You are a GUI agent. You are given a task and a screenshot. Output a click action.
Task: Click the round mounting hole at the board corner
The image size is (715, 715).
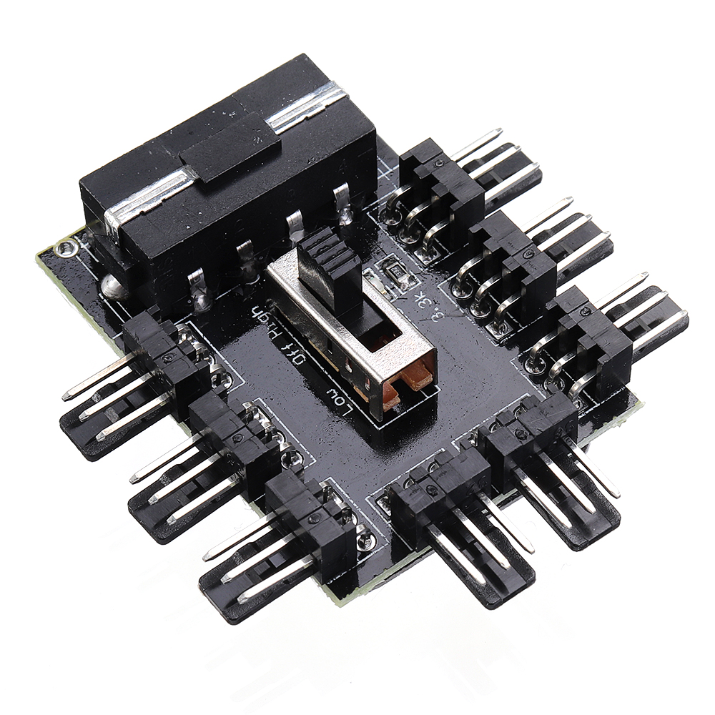[66, 249]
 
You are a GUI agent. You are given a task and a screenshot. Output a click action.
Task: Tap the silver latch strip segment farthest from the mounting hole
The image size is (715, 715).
[307, 107]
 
